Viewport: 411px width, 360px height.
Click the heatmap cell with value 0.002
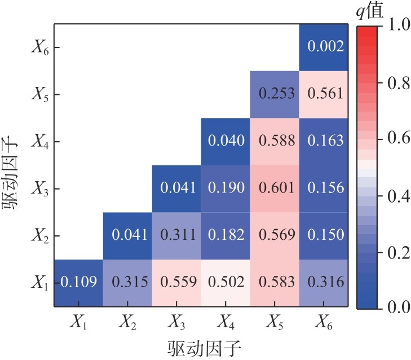point(325,47)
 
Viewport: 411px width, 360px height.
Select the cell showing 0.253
point(276,94)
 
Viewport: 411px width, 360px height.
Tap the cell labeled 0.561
point(325,94)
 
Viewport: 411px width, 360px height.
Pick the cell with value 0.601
point(276,188)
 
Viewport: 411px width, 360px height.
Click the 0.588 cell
point(276,141)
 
